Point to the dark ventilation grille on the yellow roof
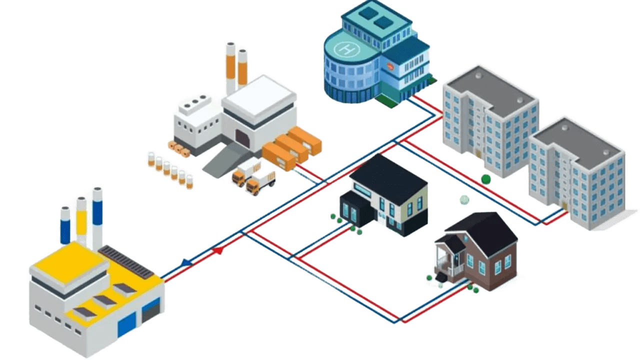tap(126, 262)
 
